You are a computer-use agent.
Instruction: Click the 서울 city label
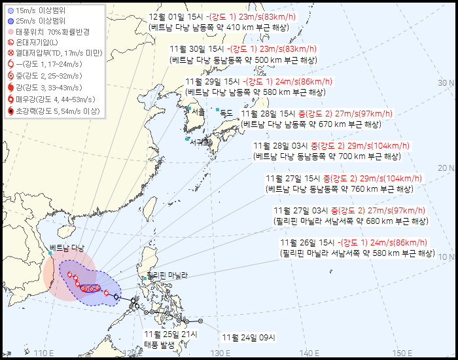[x=198, y=112]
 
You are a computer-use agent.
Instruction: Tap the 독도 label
[x=226, y=113]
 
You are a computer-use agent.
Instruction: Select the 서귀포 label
[x=200, y=141]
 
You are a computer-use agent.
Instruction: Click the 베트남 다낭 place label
[x=67, y=247]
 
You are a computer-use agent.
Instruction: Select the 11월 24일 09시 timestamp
[x=249, y=338]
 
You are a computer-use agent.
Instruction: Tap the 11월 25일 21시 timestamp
[x=170, y=334]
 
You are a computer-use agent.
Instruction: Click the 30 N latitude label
[x=446, y=82]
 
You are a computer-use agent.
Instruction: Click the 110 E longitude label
[x=43, y=353]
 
